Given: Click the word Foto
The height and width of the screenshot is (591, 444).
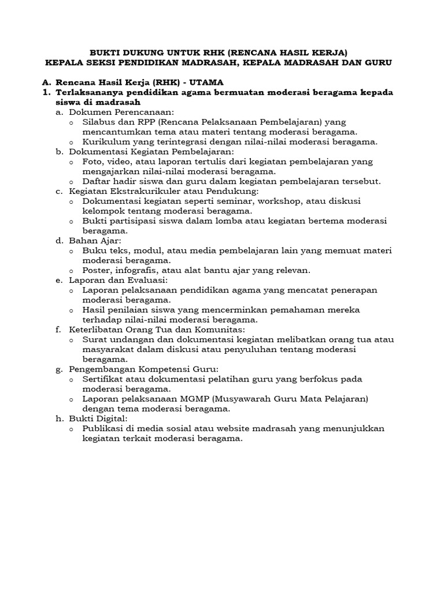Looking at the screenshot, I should pyautogui.click(x=93, y=161).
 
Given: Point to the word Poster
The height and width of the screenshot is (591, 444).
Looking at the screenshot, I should pyautogui.click(x=97, y=270).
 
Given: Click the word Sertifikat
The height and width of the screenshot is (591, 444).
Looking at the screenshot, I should pyautogui.click(x=105, y=379).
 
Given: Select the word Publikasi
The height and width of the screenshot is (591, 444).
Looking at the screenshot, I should pyautogui.click(x=105, y=429).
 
